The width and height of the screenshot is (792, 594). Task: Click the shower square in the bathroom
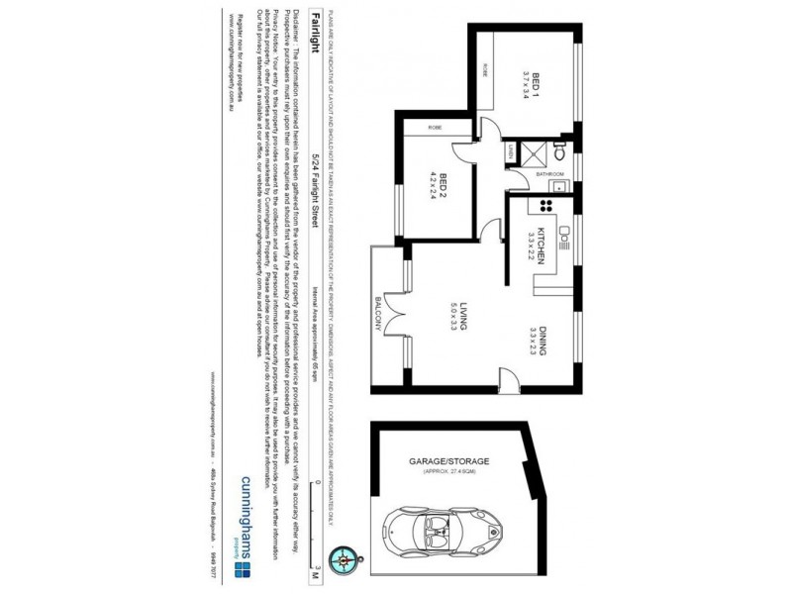click(x=536, y=153)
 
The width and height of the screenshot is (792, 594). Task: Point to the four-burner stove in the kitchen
click(x=543, y=206)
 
